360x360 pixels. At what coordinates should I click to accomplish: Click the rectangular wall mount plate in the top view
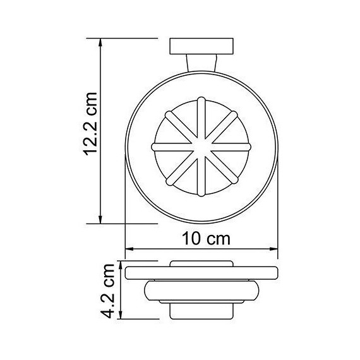click(x=201, y=47)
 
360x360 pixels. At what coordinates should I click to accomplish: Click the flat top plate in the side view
click(x=201, y=273)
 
